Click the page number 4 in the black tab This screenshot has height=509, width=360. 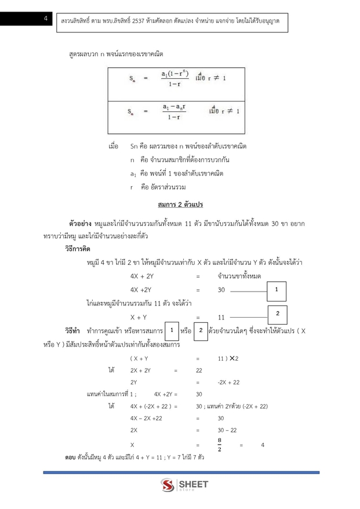click(45, 19)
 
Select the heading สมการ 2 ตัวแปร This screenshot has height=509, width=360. click(180, 205)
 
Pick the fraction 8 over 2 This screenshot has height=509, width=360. click(219, 445)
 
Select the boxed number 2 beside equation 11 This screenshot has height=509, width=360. click(278, 313)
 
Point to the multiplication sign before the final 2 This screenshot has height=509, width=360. click(232, 358)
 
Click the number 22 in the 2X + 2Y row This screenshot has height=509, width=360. click(199, 370)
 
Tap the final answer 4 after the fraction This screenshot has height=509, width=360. click(263, 445)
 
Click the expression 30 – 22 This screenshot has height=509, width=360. click(227, 430)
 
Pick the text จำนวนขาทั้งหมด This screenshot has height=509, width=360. click(239, 275)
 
